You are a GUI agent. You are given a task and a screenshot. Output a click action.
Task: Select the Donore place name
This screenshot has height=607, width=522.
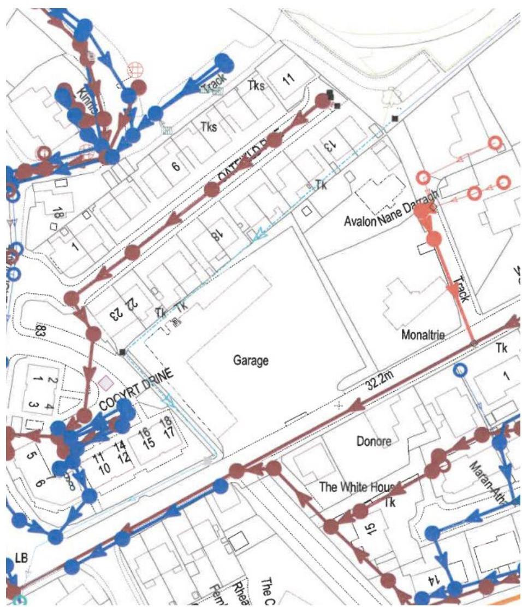coord(374,441)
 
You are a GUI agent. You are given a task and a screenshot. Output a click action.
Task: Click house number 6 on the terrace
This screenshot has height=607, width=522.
coord(176,167)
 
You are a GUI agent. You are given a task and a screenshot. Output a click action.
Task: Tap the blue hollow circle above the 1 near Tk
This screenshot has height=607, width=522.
coord(461,370)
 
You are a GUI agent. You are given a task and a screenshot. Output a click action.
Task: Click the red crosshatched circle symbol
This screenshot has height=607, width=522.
coord(134,69)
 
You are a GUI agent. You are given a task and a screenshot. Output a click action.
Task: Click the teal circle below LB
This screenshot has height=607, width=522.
coord(19,601)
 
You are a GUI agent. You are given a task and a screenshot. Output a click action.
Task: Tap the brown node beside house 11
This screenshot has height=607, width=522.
coord(323,101)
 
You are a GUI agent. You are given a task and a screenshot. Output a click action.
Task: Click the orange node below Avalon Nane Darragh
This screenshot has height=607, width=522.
coord(434,239)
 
